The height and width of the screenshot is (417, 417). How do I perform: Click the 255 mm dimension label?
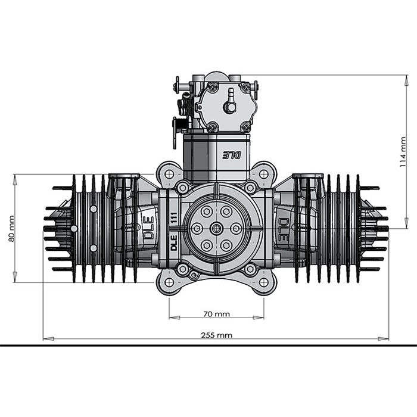216,335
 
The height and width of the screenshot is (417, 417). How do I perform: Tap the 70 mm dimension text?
216,314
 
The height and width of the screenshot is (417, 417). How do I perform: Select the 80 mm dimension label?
11,229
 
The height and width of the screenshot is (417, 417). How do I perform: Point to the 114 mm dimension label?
403,152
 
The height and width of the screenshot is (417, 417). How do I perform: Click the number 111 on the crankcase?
174,219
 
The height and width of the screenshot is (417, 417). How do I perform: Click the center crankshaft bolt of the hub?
216,228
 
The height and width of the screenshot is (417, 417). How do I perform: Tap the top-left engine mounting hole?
169,174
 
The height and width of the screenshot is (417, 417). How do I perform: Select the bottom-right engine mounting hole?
263,282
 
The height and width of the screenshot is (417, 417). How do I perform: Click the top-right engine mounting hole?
263,174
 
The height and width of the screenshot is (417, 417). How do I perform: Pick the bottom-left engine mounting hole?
169,282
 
